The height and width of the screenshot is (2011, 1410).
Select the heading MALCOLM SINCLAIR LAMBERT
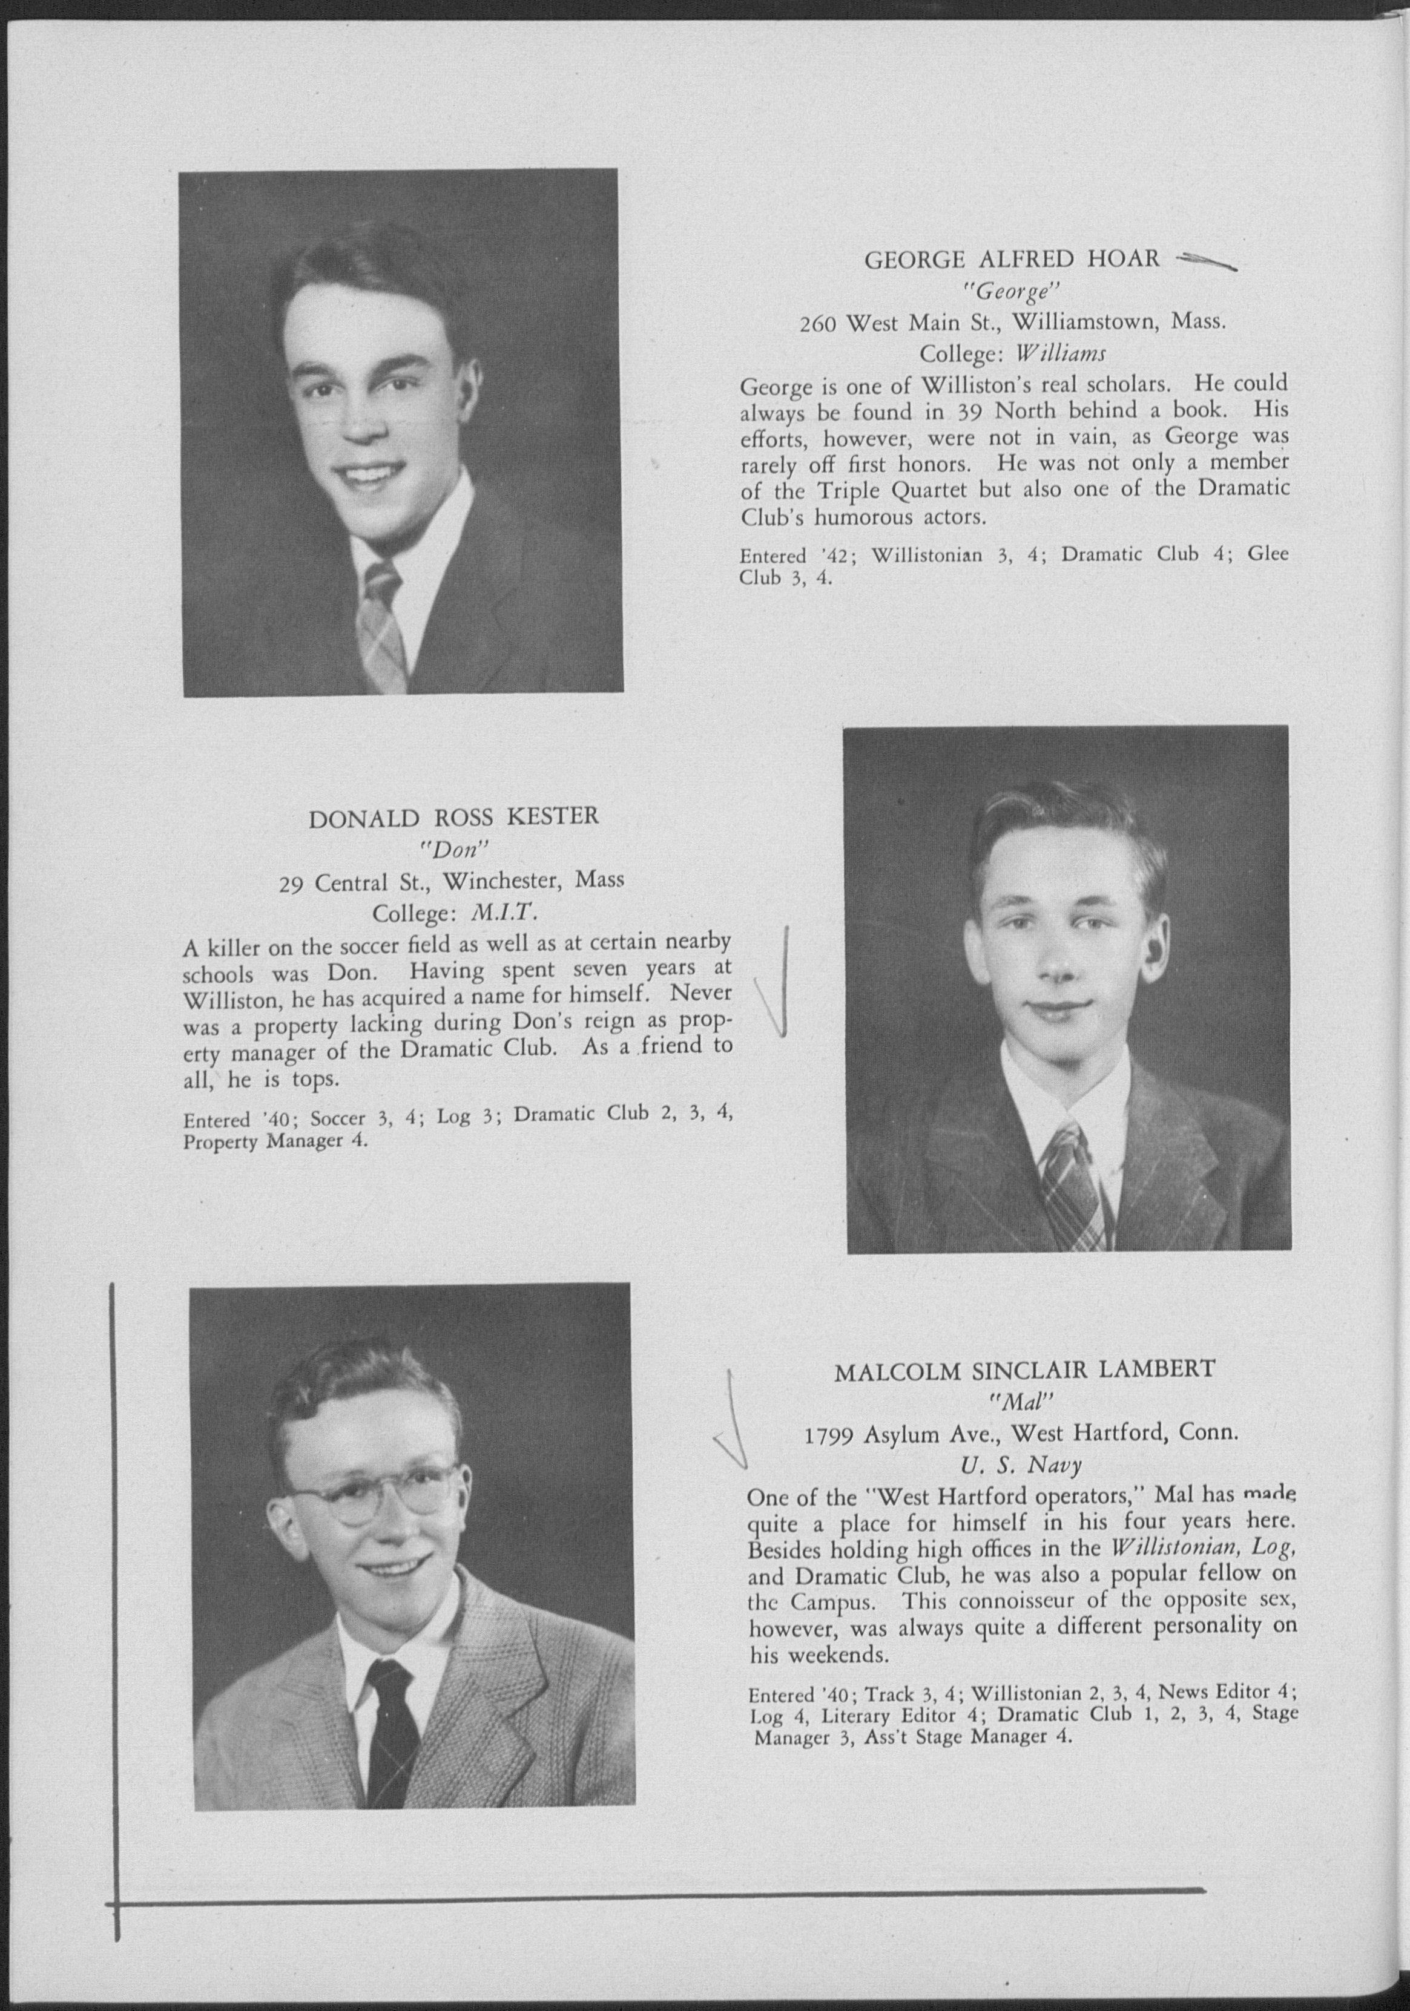[1024, 1371]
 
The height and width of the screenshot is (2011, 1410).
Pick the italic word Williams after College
[1060, 354]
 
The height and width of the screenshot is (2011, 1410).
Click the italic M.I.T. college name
[503, 914]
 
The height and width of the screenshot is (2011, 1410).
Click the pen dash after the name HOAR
[1205, 260]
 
